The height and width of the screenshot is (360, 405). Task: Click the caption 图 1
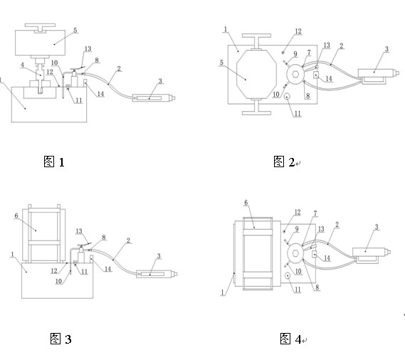click(x=53, y=162)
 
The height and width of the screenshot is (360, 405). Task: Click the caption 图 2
click(x=284, y=162)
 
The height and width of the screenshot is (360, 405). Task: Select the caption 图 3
click(x=61, y=339)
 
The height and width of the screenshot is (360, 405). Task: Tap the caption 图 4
click(x=290, y=339)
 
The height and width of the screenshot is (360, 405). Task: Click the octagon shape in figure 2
click(x=256, y=74)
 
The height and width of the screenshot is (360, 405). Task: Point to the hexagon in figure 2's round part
click(x=295, y=75)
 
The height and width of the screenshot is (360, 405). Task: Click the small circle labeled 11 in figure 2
click(x=287, y=97)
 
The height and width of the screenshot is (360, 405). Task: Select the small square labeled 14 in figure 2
click(x=316, y=75)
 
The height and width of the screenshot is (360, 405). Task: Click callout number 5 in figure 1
click(x=75, y=30)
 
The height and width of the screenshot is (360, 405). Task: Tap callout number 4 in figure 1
click(x=22, y=65)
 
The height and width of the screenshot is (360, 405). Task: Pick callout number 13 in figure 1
click(x=88, y=49)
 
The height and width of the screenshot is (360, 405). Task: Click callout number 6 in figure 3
click(x=16, y=216)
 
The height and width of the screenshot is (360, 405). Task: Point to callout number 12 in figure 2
click(x=298, y=31)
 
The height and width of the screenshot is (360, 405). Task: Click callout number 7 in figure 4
click(x=315, y=213)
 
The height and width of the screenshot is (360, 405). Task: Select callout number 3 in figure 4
click(x=377, y=227)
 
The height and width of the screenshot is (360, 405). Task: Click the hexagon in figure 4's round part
click(x=295, y=253)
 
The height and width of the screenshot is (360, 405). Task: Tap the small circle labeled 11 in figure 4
click(x=288, y=276)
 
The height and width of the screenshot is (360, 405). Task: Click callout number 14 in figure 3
click(x=107, y=269)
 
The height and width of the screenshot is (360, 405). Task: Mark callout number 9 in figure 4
click(x=297, y=229)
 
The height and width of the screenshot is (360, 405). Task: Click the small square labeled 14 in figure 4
click(x=315, y=254)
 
